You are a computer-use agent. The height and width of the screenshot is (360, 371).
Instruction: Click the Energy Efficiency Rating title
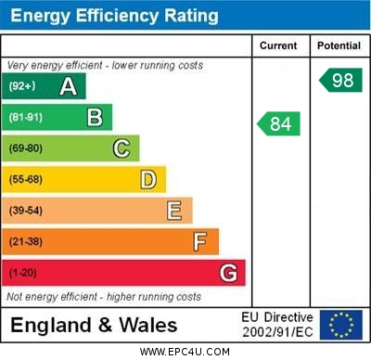(115, 16)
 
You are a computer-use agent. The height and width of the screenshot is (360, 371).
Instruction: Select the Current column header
(278, 45)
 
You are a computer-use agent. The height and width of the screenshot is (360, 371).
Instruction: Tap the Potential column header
(339, 45)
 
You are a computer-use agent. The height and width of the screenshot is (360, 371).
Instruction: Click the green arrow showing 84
(279, 123)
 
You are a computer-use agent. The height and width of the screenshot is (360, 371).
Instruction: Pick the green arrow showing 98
(341, 80)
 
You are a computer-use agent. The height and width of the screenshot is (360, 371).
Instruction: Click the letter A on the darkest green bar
(68, 86)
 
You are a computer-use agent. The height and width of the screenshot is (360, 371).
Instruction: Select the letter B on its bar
(95, 117)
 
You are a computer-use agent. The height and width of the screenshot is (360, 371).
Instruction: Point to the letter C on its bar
(122, 148)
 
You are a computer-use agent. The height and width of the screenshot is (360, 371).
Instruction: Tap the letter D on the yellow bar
(148, 179)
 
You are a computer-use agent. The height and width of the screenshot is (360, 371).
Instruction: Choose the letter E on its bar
(174, 211)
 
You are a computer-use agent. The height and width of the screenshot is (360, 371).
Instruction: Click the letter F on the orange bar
(200, 242)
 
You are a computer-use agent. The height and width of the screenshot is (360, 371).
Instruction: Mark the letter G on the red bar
(228, 273)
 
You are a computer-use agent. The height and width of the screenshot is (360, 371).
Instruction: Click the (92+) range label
(22, 87)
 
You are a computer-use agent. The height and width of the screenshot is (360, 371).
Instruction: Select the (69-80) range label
(26, 148)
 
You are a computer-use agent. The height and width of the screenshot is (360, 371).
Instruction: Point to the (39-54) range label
(26, 212)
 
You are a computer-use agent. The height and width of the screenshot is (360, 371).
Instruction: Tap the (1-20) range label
(23, 274)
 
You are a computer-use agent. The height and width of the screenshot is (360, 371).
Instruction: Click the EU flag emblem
(340, 325)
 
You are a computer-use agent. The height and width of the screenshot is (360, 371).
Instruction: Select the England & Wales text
(94, 325)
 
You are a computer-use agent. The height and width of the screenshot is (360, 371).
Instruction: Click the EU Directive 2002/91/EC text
(278, 325)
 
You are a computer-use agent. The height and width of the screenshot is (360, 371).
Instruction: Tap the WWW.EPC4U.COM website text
(185, 352)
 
